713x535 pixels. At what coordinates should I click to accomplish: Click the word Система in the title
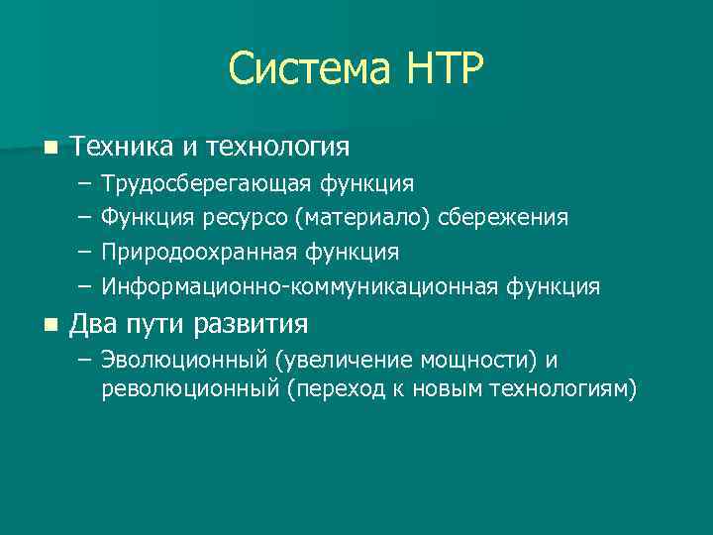308,70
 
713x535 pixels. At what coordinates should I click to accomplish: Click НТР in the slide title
444,70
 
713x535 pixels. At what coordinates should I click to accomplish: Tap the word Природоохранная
195,253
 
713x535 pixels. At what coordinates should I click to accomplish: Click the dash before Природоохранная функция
81,253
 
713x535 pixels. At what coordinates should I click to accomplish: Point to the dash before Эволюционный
81,360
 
